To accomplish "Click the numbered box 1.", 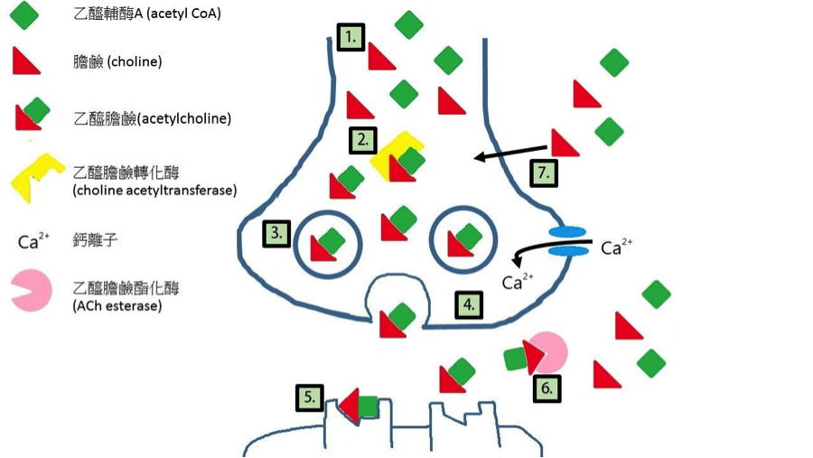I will (350, 38).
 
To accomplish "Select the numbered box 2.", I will (363, 140).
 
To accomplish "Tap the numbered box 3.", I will (276, 234).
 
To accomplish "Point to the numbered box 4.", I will (468, 304).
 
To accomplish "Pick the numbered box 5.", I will (310, 397).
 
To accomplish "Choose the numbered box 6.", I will (547, 388).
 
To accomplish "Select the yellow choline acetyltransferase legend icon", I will (35, 176).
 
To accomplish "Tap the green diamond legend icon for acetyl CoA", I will (25, 14).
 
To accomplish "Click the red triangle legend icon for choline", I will (25, 61).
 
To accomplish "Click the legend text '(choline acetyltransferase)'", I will (154, 190).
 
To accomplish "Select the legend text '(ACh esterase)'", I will (117, 306).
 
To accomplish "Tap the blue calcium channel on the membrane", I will (568, 246).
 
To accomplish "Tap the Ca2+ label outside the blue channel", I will (617, 248).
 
